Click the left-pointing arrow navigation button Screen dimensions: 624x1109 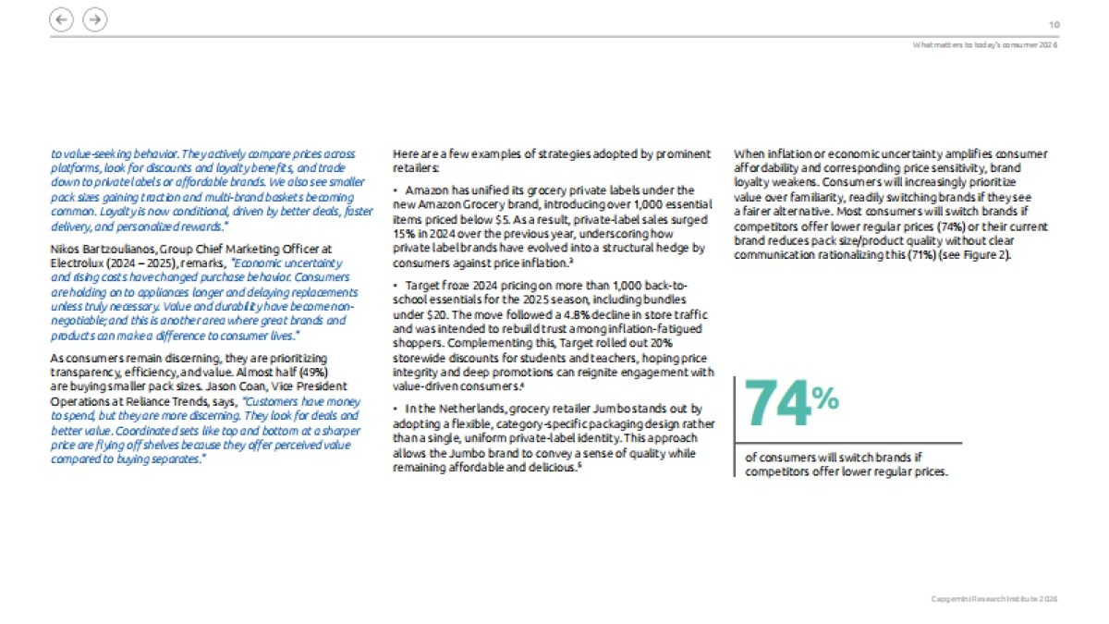61,19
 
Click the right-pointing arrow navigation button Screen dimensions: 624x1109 94,19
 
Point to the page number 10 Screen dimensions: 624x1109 1054,25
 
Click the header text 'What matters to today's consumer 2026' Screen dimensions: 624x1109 984,45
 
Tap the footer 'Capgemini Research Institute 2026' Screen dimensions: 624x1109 993,599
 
